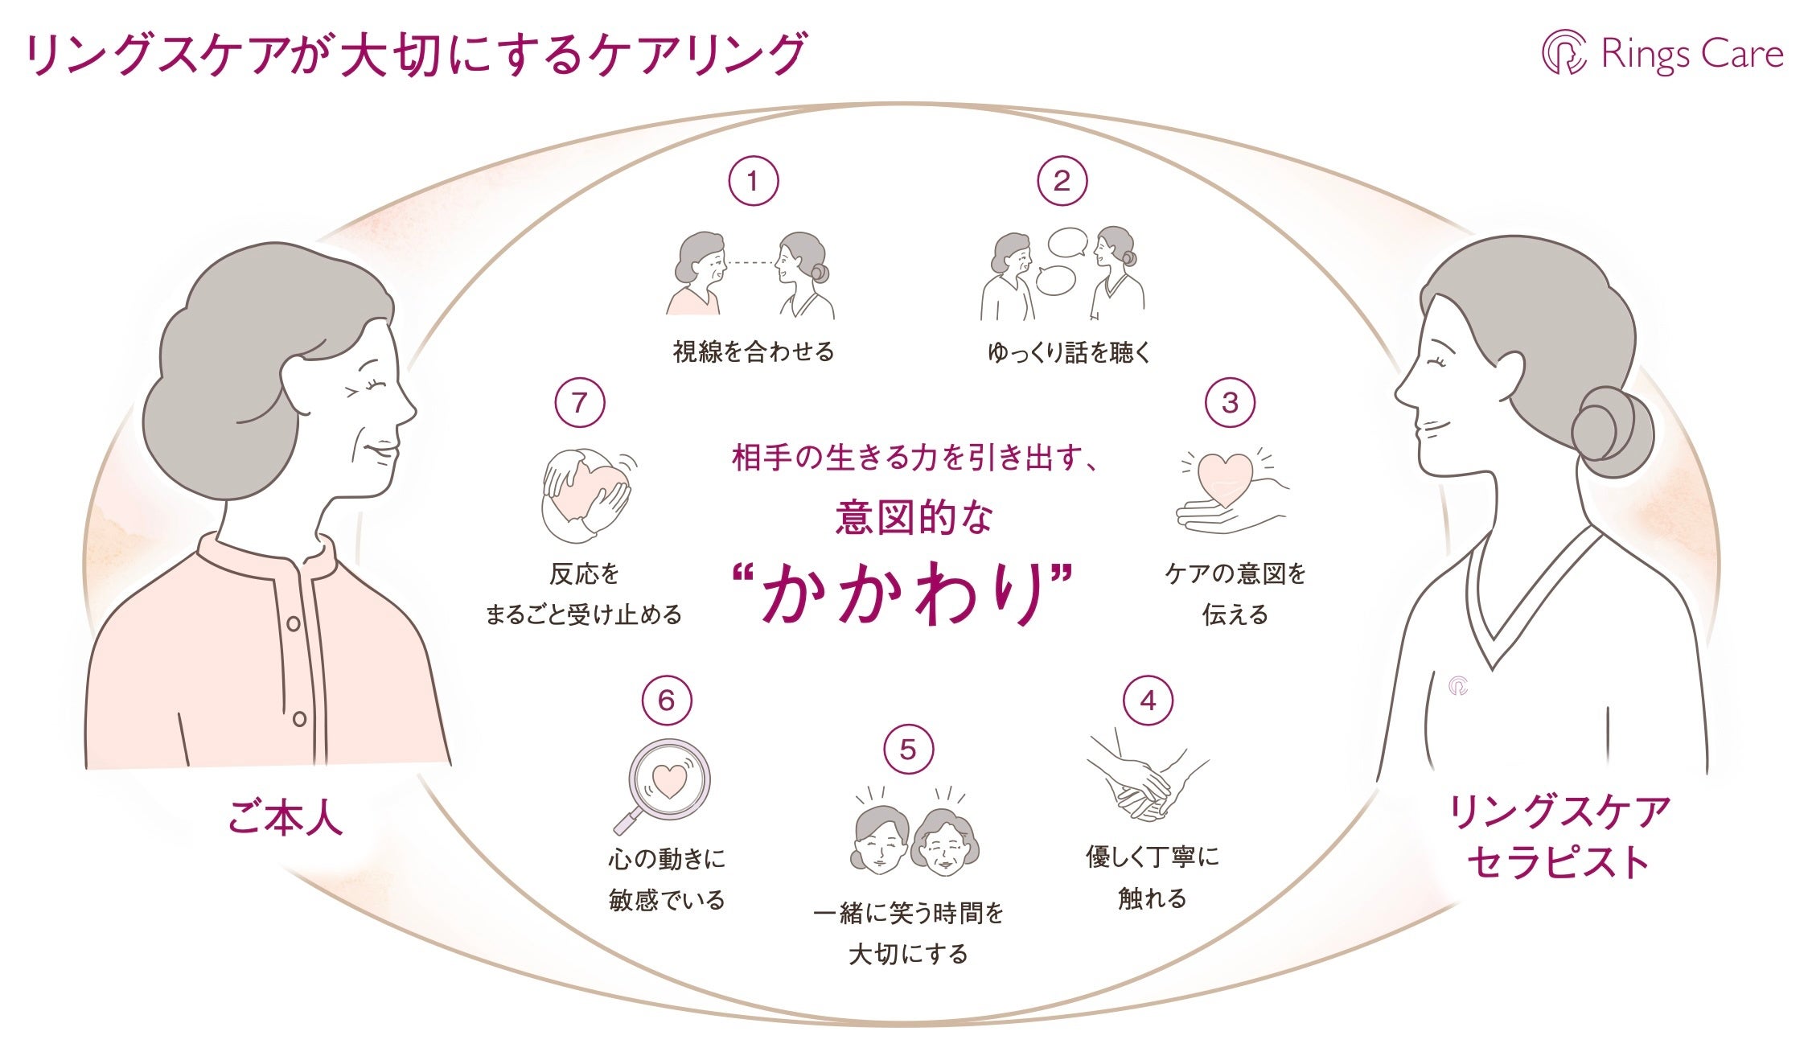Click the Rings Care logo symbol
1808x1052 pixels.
pos(1564,53)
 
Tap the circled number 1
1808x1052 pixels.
pos(753,182)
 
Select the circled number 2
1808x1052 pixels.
pos(1062,182)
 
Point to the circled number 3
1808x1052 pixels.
pos(1230,403)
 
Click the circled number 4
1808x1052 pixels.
pos(1148,701)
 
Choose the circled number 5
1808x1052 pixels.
pos(908,750)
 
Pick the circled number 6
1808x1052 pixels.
pos(667,701)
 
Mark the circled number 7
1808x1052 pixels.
pos(579,403)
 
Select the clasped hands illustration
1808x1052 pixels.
pos(1145,779)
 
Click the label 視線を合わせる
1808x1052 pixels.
pos(754,352)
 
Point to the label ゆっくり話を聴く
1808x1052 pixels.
pos(1069,352)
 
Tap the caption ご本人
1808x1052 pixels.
pos(286,818)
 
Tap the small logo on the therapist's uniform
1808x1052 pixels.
pos(1458,687)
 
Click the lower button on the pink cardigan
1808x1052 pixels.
pos(299,718)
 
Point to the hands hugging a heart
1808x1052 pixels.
pos(585,495)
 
